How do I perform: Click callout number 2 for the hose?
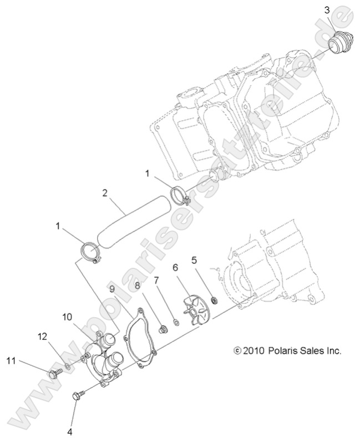[104, 193]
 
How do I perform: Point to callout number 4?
[70, 430]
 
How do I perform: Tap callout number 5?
[195, 260]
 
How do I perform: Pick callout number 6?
[175, 267]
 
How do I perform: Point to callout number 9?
[111, 289]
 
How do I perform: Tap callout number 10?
[67, 317]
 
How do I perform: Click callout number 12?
[42, 337]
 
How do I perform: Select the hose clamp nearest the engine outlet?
[180, 196]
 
